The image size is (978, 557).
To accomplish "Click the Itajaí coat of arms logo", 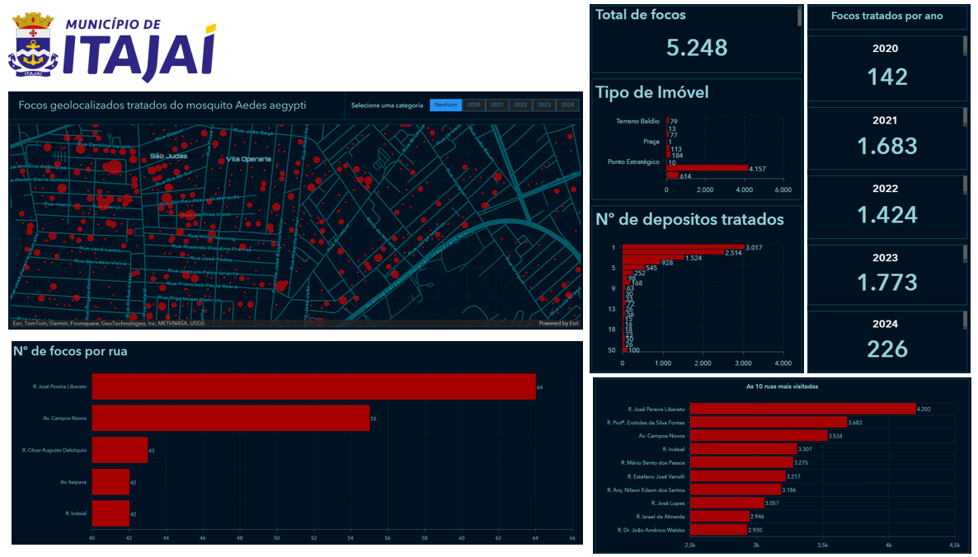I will (x=34, y=44).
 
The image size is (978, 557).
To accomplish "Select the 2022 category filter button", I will (x=520, y=105).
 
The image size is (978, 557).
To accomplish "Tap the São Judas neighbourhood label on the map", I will (x=168, y=156).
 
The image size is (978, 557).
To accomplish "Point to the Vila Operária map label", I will (x=249, y=158).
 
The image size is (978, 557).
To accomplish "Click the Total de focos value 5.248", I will (x=697, y=48).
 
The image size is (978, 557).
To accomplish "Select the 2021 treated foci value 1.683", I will (x=886, y=146).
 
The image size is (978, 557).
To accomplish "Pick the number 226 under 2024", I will (x=886, y=349).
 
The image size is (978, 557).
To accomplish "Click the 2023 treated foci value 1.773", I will (x=886, y=282).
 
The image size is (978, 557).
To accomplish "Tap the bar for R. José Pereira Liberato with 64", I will (x=313, y=386).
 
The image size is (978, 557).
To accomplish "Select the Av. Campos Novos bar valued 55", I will (x=230, y=419).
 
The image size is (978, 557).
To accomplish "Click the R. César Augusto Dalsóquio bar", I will (x=120, y=450).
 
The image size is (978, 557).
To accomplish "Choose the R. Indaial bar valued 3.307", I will (x=743, y=449).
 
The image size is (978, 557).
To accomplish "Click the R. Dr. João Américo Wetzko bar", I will (x=718, y=530).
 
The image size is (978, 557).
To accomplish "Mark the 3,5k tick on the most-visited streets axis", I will (x=823, y=545).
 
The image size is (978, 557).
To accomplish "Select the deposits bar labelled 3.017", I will (x=683, y=246).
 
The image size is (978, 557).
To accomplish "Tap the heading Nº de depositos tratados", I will (x=689, y=219).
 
